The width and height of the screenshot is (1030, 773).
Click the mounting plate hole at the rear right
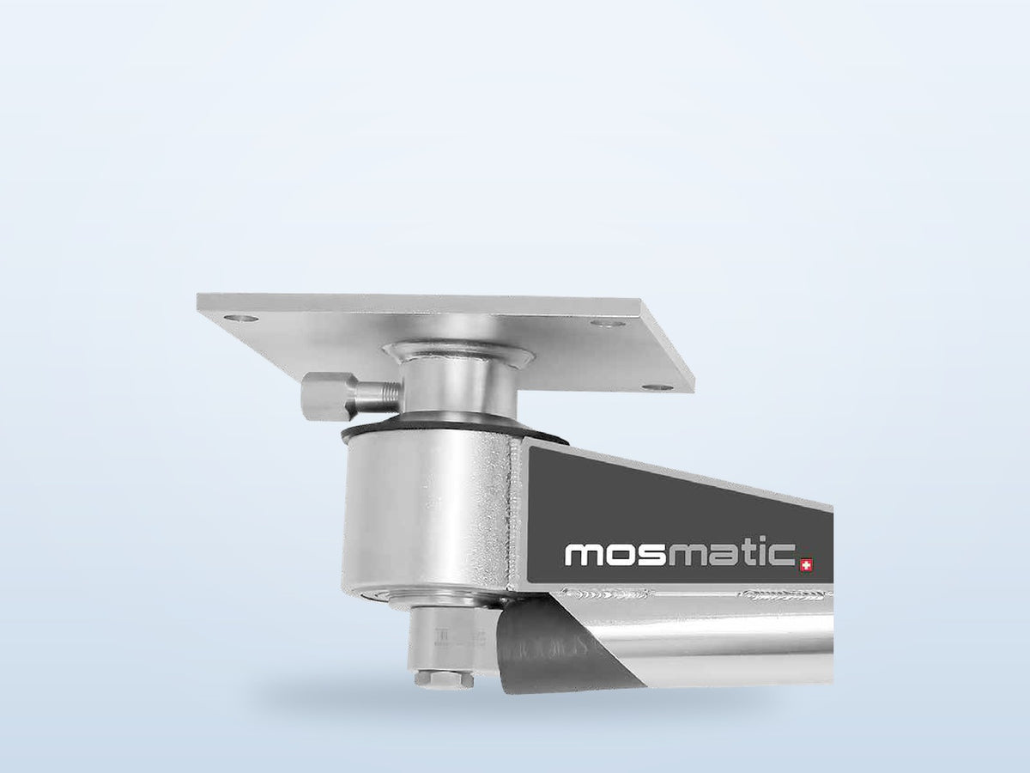pos(607,324)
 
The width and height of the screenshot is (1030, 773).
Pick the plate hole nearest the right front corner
pos(657,374)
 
